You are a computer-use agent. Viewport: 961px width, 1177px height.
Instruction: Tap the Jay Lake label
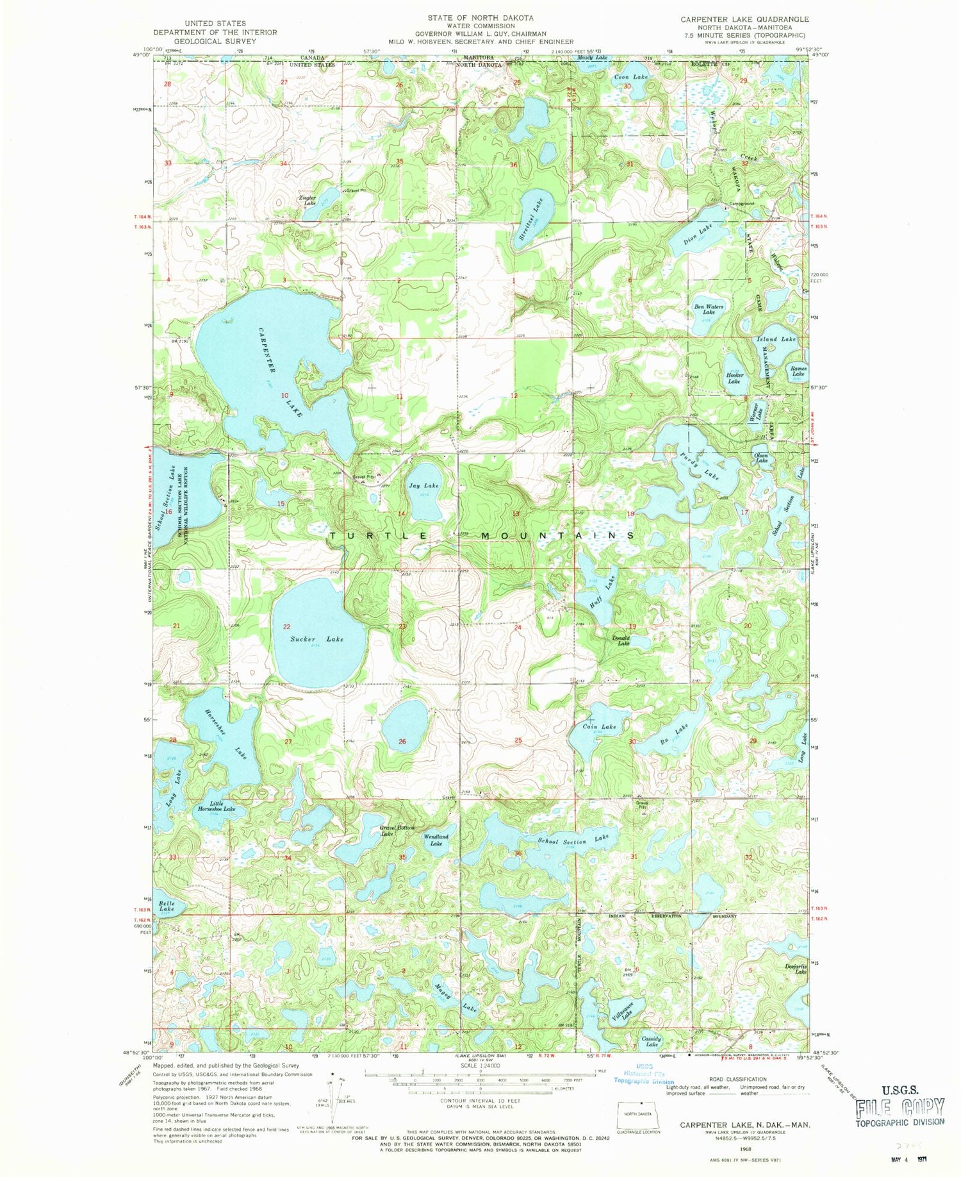[x=423, y=486]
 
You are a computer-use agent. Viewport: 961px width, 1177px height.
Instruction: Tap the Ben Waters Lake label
[x=709, y=309]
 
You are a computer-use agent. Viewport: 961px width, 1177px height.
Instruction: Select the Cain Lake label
[x=604, y=726]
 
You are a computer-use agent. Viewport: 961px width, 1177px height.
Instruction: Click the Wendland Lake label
[x=436, y=840]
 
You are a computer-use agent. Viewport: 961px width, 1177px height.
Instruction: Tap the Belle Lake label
[x=167, y=906]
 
